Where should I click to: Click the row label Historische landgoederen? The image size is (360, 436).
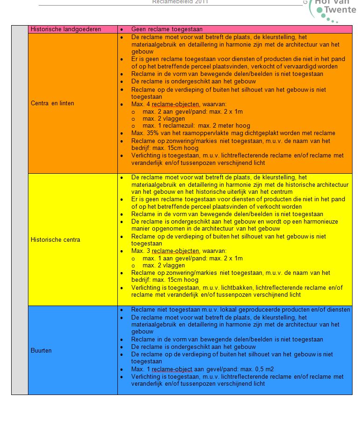click(x=66, y=29)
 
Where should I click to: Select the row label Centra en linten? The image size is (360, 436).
click(x=52, y=103)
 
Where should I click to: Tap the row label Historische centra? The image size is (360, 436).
click(x=55, y=239)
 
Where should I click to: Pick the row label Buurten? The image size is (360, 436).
click(x=41, y=350)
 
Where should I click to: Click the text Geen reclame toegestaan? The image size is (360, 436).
click(x=167, y=29)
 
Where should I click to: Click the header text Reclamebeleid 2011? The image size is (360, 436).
click(x=180, y=2)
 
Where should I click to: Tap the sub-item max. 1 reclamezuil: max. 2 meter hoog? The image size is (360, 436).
click(x=196, y=125)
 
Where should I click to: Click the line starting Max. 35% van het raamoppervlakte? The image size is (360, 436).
click(x=233, y=133)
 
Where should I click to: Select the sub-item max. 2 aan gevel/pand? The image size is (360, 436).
click(x=192, y=111)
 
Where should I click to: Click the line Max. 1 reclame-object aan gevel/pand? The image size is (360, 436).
click(x=202, y=369)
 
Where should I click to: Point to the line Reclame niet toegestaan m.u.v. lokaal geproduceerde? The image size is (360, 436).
click(x=240, y=310)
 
